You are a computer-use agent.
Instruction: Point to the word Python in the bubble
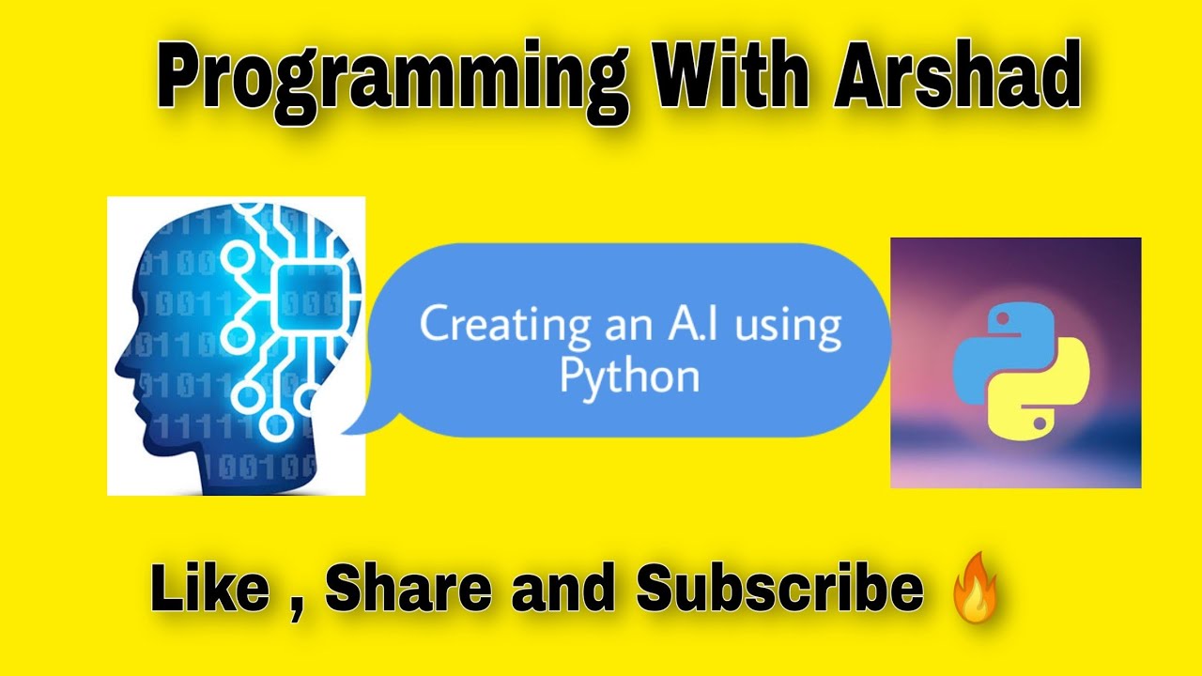[629, 376]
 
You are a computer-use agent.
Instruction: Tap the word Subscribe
[778, 589]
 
